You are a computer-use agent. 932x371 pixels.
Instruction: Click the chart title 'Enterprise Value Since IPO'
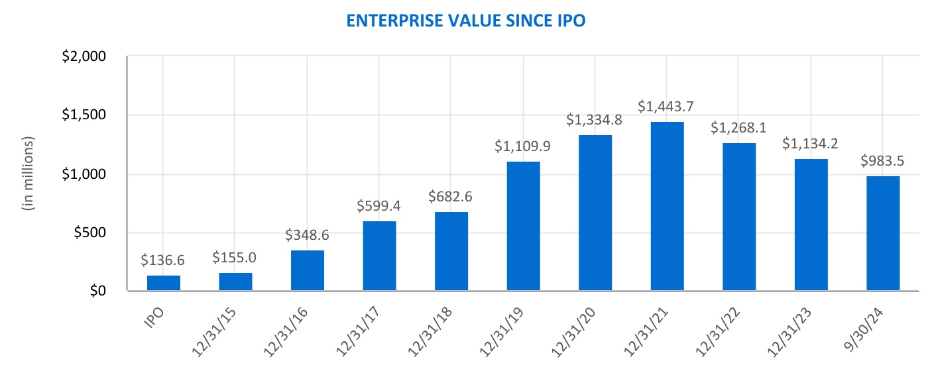[466, 21]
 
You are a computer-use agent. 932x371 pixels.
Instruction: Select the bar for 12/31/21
[667, 206]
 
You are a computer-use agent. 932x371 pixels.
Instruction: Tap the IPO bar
[164, 283]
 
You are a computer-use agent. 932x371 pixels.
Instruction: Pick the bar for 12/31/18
[451, 251]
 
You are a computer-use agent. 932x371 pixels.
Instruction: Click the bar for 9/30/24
[883, 233]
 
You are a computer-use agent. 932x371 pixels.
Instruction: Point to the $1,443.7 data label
[667, 106]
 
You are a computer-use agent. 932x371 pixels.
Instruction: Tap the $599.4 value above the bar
[379, 205]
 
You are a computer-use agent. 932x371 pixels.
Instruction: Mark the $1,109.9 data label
[523, 146]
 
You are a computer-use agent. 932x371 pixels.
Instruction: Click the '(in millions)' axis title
[28, 174]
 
